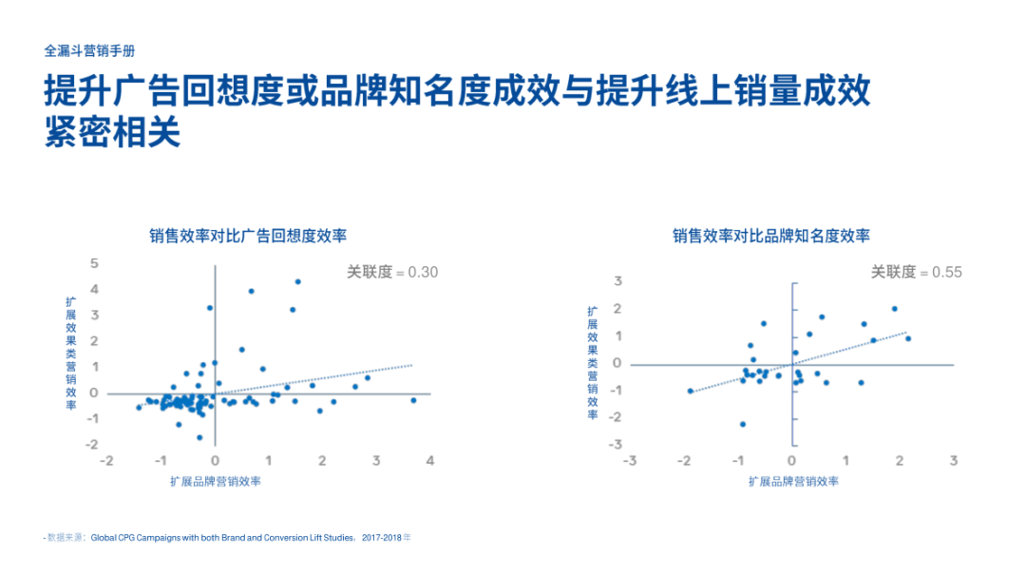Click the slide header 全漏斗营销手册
[x=89, y=51]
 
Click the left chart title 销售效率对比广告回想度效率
[x=248, y=236]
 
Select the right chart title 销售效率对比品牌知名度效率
[x=771, y=236]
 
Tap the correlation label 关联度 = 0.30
[x=392, y=272]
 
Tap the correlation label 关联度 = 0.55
[x=916, y=272]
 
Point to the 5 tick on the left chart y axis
[x=95, y=263]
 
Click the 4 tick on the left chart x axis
[x=430, y=461]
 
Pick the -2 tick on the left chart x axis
[x=106, y=461]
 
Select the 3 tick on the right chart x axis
[x=954, y=461]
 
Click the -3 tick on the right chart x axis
[x=630, y=461]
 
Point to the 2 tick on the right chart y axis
[x=617, y=308]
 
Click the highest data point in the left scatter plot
[x=297, y=282]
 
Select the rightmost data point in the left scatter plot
[x=413, y=400]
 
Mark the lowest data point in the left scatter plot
[x=199, y=437]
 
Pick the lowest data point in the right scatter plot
[x=743, y=424]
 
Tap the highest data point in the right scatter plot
[x=895, y=309]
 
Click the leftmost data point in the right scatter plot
[x=691, y=391]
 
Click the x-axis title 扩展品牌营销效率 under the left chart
[x=216, y=482]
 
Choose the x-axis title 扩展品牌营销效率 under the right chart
[x=793, y=482]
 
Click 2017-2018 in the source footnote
[x=382, y=538]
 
